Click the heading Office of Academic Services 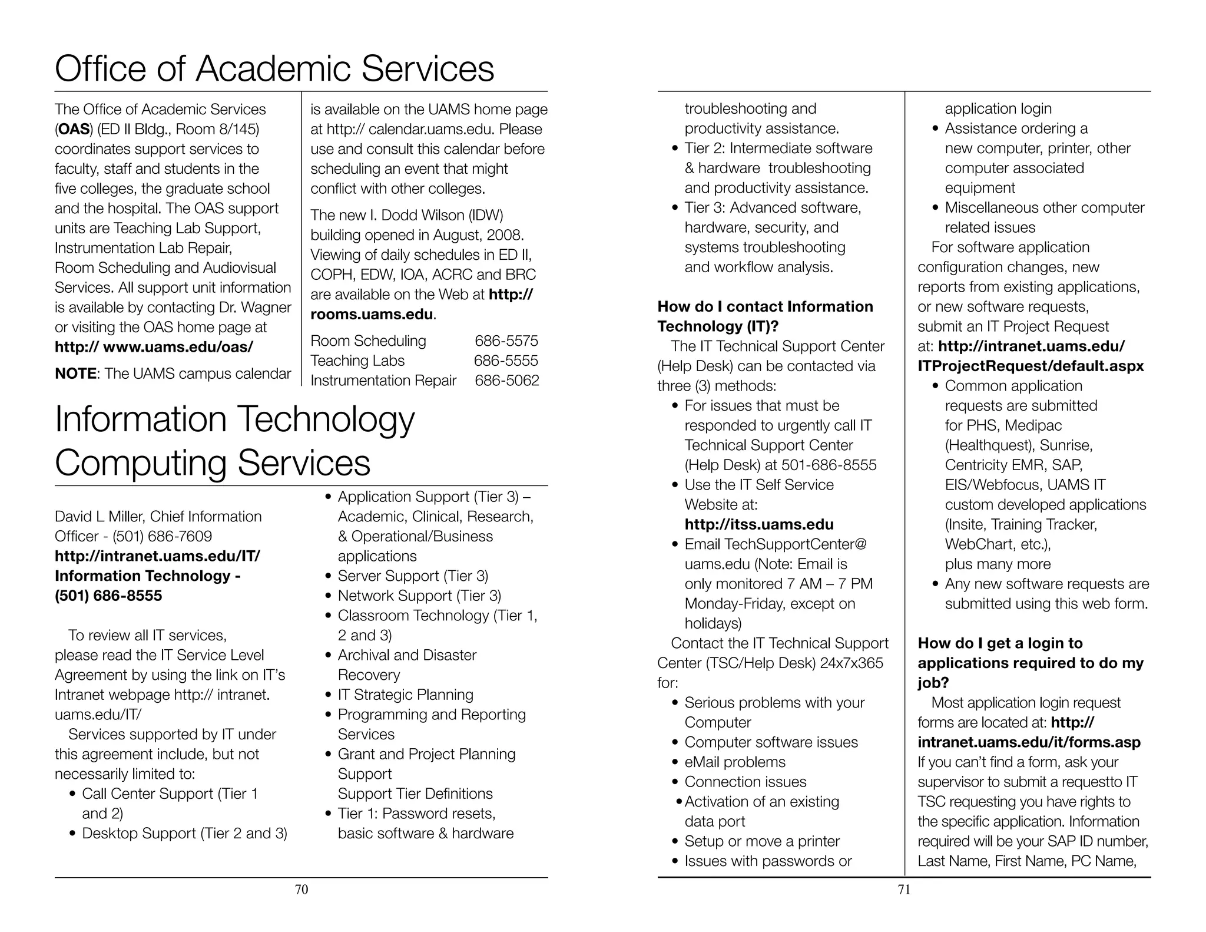pyautogui.click(x=274, y=69)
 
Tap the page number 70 pyautogui.click(x=301, y=890)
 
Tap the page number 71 pyautogui.click(x=904, y=890)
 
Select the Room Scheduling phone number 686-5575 pyautogui.click(x=506, y=341)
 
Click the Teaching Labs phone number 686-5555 pyautogui.click(x=506, y=361)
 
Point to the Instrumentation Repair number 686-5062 pyautogui.click(x=506, y=381)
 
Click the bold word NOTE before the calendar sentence pyautogui.click(x=75, y=374)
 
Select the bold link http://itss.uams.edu pyautogui.click(x=758, y=524)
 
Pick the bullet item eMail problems pyautogui.click(x=734, y=762)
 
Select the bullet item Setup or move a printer pyautogui.click(x=761, y=841)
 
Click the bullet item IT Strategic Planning pyautogui.click(x=405, y=695)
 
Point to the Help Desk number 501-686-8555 pyautogui.click(x=829, y=465)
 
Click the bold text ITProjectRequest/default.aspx pyautogui.click(x=1030, y=366)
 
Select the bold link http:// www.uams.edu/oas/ pyautogui.click(x=154, y=347)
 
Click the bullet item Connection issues pyautogui.click(x=745, y=782)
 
